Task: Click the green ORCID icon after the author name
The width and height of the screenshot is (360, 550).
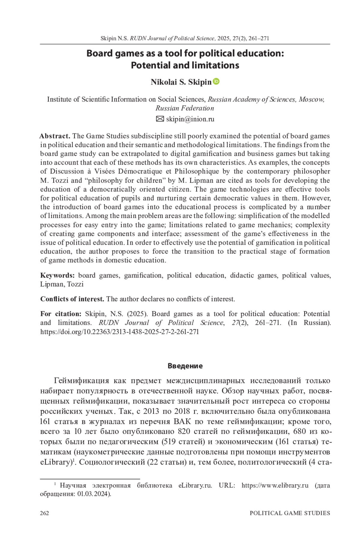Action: coord(216,81)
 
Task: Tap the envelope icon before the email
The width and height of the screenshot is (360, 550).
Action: coord(160,119)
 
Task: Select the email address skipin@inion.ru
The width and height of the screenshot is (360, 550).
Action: coord(190,119)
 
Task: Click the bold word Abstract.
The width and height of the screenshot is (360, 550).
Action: coord(55,136)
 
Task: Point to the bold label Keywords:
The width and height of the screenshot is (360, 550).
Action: coord(58,275)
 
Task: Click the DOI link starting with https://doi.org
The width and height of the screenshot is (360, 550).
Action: coord(119,332)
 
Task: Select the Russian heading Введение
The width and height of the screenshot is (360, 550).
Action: coord(185,366)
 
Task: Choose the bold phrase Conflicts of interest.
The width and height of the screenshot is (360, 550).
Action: coord(72,299)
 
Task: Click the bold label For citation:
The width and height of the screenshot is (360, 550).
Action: coord(61,314)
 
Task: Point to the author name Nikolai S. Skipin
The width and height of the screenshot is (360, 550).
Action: coord(181,82)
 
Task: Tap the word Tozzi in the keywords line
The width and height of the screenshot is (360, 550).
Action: coord(75,284)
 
